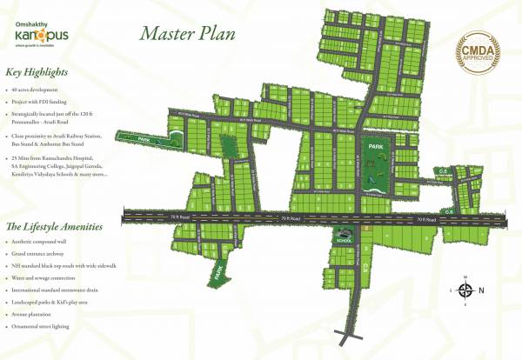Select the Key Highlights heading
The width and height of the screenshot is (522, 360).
tap(40, 73)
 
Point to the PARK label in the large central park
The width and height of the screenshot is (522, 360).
tap(375, 149)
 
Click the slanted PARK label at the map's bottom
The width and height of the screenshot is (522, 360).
tap(215, 275)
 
